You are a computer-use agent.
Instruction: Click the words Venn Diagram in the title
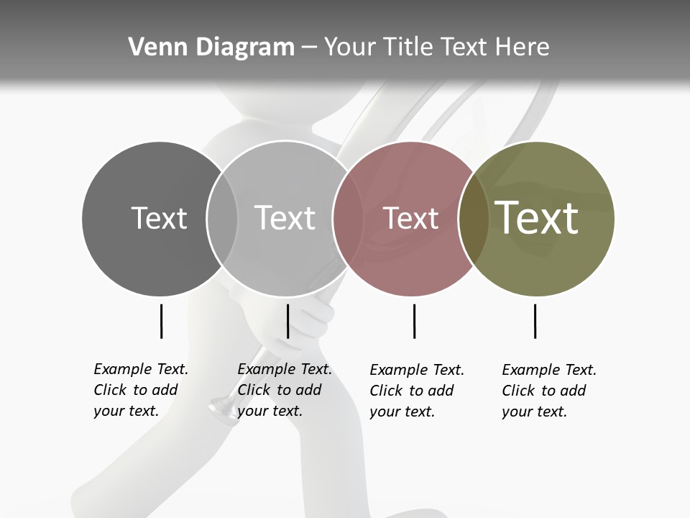pyautogui.click(x=211, y=47)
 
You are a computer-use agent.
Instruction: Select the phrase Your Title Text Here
pyautogui.click(x=436, y=47)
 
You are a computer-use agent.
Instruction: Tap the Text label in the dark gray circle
pyautogui.click(x=159, y=218)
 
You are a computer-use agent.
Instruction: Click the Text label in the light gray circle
pyautogui.click(x=285, y=218)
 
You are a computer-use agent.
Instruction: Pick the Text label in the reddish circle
pyautogui.click(x=410, y=218)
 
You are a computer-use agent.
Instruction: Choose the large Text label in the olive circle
pyautogui.click(x=537, y=217)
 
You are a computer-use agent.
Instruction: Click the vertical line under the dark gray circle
pyautogui.click(x=161, y=321)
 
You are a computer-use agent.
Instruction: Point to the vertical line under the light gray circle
pyautogui.click(x=287, y=321)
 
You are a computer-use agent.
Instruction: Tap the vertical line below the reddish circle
pyautogui.click(x=414, y=321)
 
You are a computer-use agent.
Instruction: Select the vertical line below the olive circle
pyautogui.click(x=535, y=321)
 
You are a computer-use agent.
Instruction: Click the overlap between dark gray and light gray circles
pyautogui.click(x=222, y=218)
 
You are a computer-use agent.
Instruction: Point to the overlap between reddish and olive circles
pyautogui.click(x=474, y=218)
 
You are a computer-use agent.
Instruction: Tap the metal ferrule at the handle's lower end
pyautogui.click(x=220, y=409)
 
